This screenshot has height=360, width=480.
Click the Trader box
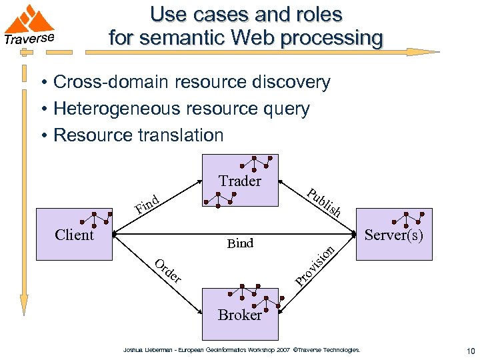240,181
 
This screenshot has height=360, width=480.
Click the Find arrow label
147,205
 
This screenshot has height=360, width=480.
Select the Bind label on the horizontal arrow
240,243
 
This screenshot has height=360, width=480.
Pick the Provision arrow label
314,266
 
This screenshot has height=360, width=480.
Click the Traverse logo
29,27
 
